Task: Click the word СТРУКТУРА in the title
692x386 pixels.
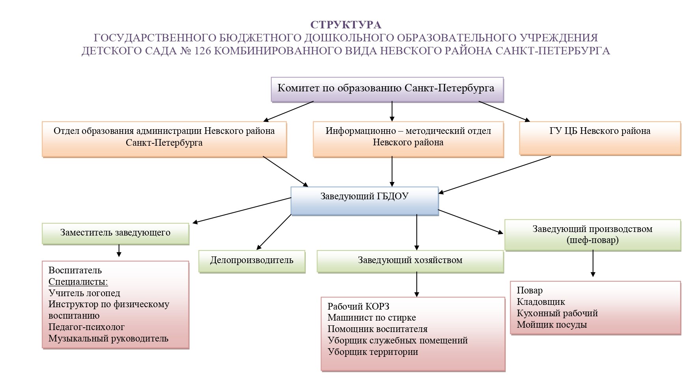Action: click(x=346, y=25)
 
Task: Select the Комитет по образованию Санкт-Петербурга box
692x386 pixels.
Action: click(x=387, y=89)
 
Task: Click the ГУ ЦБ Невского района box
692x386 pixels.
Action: click(x=599, y=137)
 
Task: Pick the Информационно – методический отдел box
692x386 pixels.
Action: click(x=408, y=137)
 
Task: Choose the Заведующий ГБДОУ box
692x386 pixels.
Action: click(x=364, y=200)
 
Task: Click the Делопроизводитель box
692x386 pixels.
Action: click(x=252, y=261)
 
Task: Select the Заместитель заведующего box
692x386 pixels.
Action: click(x=115, y=233)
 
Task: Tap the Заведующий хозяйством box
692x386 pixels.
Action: click(x=410, y=261)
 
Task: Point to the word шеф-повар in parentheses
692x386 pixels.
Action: click(x=593, y=240)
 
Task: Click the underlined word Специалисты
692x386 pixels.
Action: click(x=78, y=282)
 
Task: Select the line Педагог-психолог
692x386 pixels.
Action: click(x=86, y=327)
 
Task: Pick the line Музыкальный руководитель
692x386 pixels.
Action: click(x=108, y=338)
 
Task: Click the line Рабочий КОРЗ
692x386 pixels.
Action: click(x=358, y=306)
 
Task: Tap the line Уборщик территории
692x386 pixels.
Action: click(x=373, y=352)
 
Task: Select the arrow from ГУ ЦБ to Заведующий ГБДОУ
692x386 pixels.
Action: click(x=495, y=175)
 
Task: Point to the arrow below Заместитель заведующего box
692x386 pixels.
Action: click(x=119, y=251)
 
